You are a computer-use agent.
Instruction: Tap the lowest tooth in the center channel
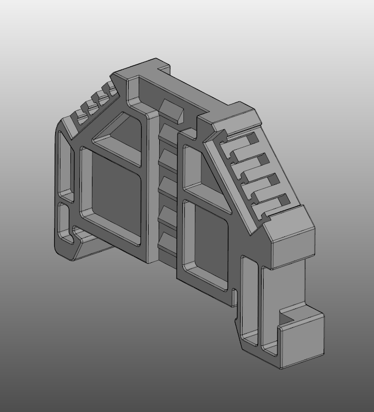[x=167, y=242]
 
